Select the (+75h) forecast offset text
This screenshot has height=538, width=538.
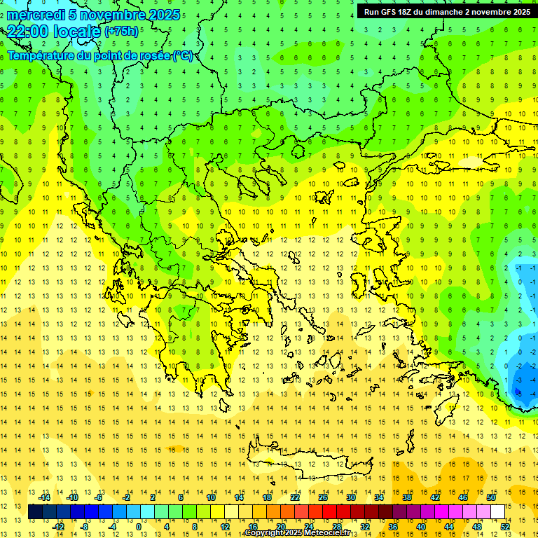[120, 32]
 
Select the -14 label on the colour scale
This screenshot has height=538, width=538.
[44, 497]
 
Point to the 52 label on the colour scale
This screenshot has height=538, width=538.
[504, 526]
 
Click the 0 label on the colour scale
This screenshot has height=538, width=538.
[138, 526]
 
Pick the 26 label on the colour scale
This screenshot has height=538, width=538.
[323, 497]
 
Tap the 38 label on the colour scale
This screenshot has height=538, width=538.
[406, 497]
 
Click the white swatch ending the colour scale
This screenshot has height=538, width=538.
[497, 512]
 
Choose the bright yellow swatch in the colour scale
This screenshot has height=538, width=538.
[217, 512]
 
